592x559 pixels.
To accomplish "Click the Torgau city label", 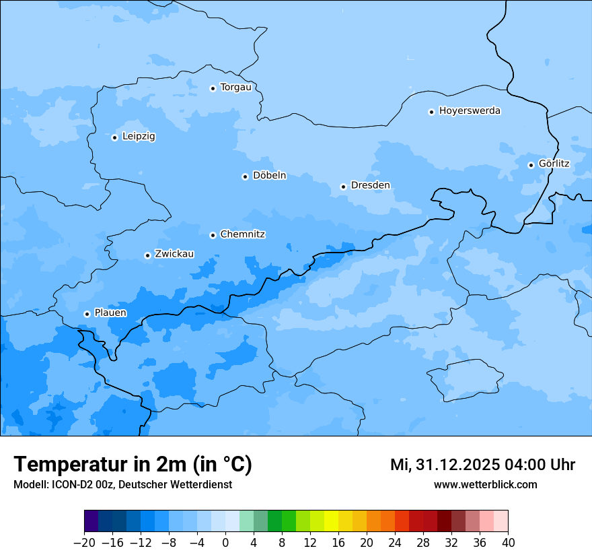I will pyautogui.click(x=235, y=88).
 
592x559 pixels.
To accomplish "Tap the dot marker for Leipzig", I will pyautogui.click(x=114, y=137).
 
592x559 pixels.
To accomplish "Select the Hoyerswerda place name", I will pyautogui.click(x=470, y=111).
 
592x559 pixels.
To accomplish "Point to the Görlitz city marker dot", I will pyautogui.click(x=531, y=165).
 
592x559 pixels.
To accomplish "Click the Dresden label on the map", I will pyautogui.click(x=370, y=186).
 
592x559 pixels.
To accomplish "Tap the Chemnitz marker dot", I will pyautogui.click(x=213, y=235).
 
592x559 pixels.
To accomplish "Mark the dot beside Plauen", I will pyautogui.click(x=87, y=314).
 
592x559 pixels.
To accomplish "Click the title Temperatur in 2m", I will pyautogui.click(x=133, y=465).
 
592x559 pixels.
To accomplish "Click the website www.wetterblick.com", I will pyautogui.click(x=485, y=484).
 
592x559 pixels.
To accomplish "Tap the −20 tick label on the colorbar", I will pyautogui.click(x=84, y=543).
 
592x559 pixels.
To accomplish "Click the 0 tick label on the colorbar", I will pyautogui.click(x=225, y=543).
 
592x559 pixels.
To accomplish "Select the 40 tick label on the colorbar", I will pyautogui.click(x=508, y=543).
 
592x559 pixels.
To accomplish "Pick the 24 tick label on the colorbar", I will pyautogui.click(x=395, y=543).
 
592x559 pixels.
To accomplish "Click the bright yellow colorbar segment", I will pyautogui.click(x=331, y=521).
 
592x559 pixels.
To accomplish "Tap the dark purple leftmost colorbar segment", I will pyautogui.click(x=91, y=521).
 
